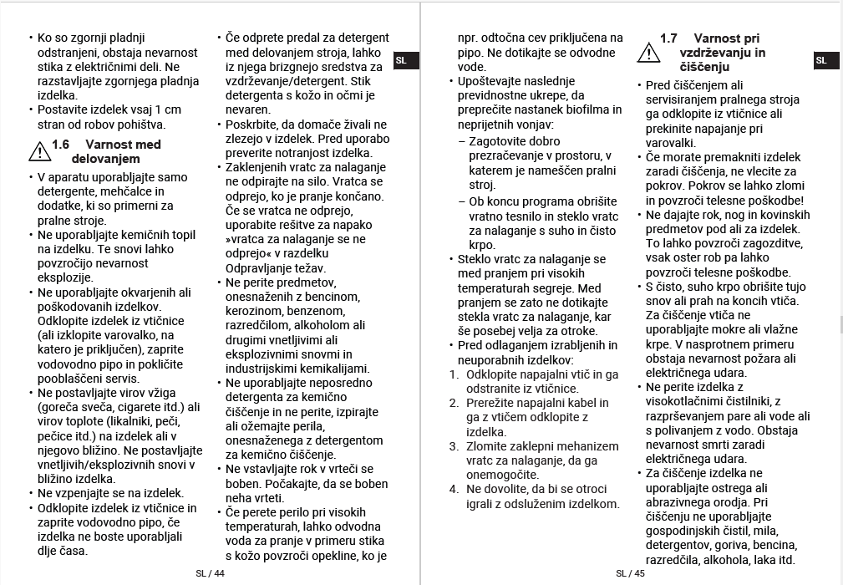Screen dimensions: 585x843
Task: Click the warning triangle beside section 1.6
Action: point(39,151)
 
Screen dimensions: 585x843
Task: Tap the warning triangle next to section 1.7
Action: point(648,52)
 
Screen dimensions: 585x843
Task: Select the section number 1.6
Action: point(61,145)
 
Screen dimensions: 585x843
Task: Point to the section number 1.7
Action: point(668,38)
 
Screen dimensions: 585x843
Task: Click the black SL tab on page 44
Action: point(401,60)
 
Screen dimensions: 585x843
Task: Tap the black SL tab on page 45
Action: point(821,60)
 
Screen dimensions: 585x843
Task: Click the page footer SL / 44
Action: point(211,573)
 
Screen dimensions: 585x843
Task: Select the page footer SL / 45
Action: point(631,573)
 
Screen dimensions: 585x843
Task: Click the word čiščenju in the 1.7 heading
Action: point(705,67)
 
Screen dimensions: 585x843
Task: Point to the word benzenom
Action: point(340,311)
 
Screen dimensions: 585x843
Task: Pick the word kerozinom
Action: point(256,311)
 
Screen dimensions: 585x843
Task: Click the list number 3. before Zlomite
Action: point(455,446)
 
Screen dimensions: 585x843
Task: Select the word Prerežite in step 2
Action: point(493,403)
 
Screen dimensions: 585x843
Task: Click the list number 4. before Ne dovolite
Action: point(455,489)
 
